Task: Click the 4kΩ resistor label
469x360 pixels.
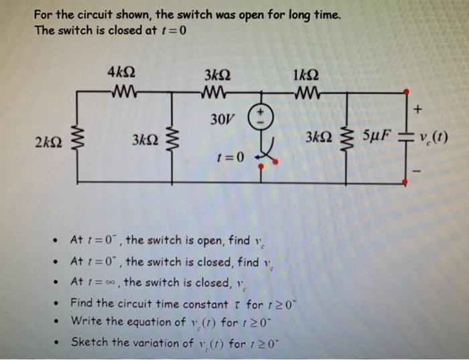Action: (x=118, y=72)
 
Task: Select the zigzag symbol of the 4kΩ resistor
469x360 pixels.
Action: (x=119, y=91)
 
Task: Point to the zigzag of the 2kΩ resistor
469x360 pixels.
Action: (x=77, y=141)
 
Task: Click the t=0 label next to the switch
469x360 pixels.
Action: (x=230, y=158)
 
